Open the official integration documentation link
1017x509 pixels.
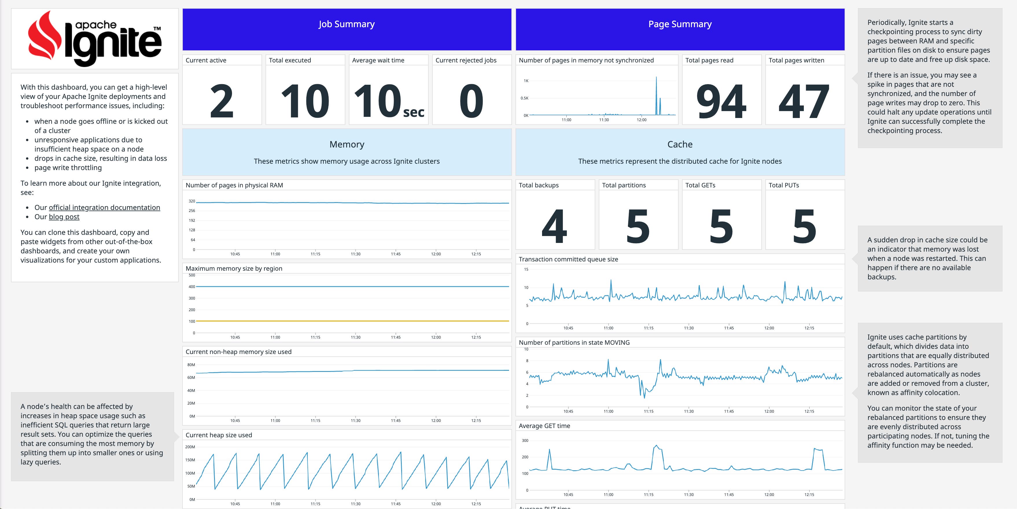[x=104, y=207]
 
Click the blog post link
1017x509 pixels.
[x=64, y=217]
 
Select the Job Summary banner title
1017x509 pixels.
[x=346, y=24]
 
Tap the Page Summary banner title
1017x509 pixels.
[x=679, y=24]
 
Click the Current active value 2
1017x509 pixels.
[x=222, y=102]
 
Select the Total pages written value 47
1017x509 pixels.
[x=804, y=102]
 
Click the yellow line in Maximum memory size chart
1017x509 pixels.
[x=351, y=321]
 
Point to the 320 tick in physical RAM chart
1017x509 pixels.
[x=191, y=201]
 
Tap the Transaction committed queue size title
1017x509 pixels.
[x=568, y=259]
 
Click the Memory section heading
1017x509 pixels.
[x=346, y=145]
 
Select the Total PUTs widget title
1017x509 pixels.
[x=783, y=185]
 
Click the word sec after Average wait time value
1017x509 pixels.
[x=413, y=113]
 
